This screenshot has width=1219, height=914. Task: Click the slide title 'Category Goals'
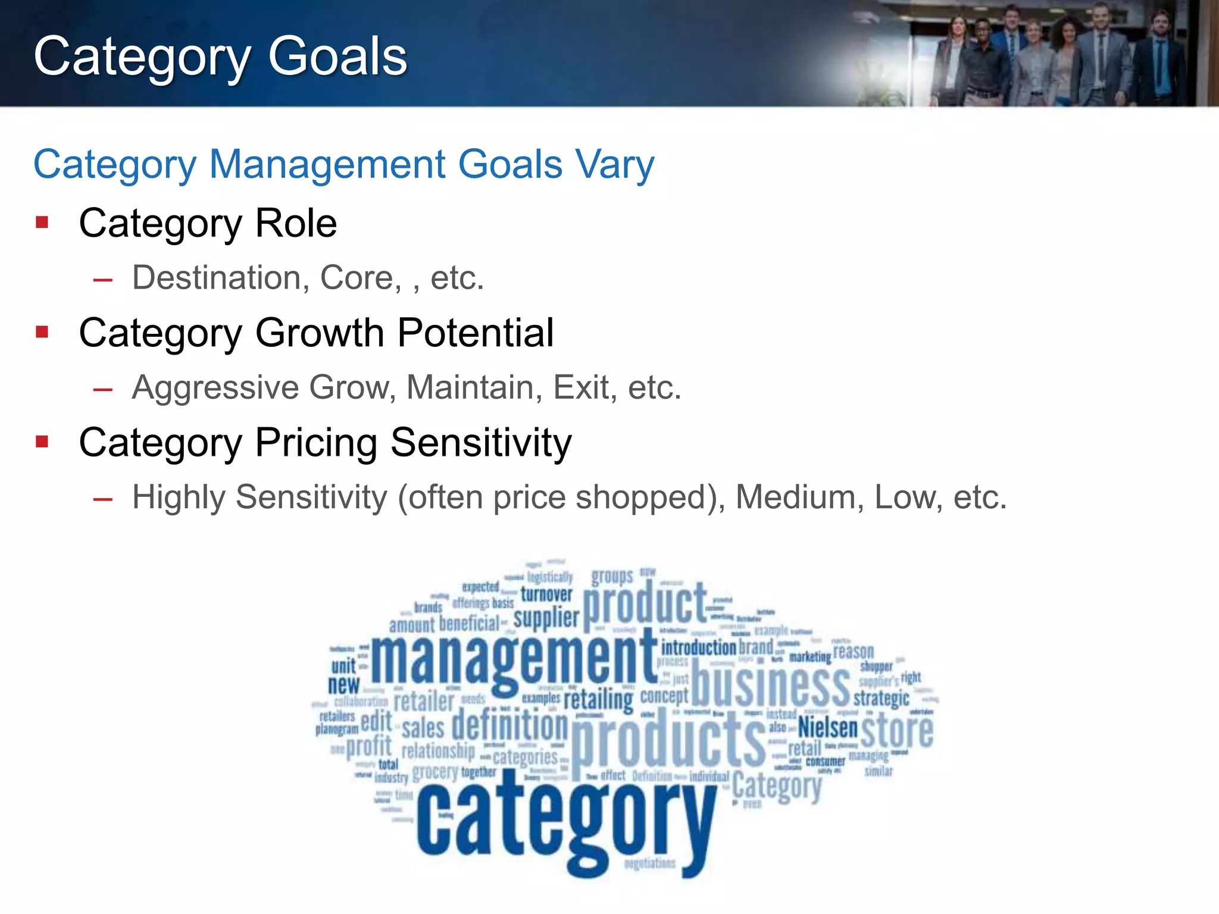pyautogui.click(x=220, y=57)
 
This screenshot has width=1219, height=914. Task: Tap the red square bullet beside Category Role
pyautogui.click(x=42, y=223)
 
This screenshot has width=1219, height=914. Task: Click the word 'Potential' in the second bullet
pyautogui.click(x=476, y=333)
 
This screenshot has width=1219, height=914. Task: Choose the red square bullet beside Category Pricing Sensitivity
pyautogui.click(x=42, y=442)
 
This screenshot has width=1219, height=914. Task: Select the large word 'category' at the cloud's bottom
pyautogui.click(x=565, y=824)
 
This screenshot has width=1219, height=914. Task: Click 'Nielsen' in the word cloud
pyautogui.click(x=827, y=727)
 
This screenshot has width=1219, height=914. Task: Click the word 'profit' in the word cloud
pyautogui.click(x=369, y=746)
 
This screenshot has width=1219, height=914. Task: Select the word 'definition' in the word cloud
pyautogui.click(x=510, y=726)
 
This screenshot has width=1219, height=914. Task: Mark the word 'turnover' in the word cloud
pyautogui.click(x=546, y=594)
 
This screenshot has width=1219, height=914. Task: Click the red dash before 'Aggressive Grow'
pyautogui.click(x=102, y=390)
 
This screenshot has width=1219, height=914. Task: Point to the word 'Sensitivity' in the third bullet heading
pyautogui.click(x=481, y=443)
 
